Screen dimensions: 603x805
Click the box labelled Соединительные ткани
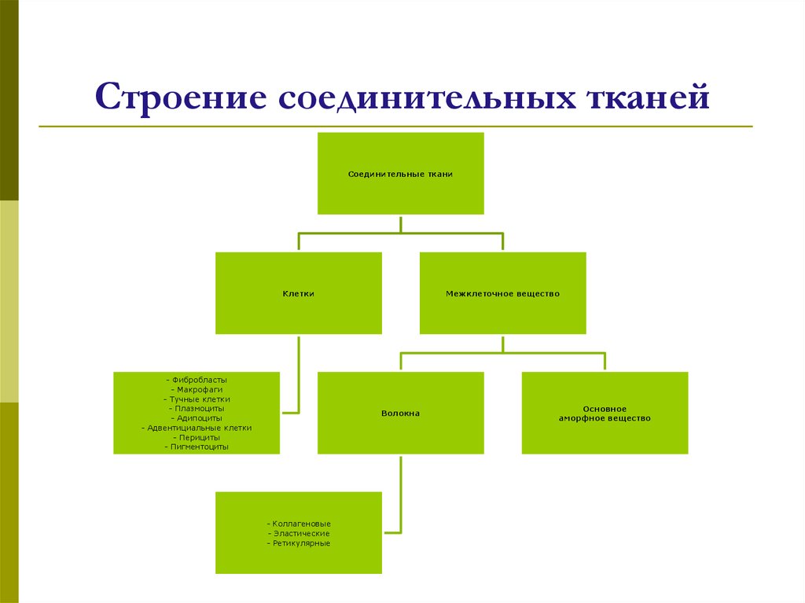(x=400, y=173)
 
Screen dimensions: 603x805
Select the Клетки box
(x=299, y=293)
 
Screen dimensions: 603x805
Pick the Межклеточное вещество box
(x=502, y=293)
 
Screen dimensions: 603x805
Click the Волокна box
(x=400, y=413)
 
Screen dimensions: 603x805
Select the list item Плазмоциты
(x=197, y=409)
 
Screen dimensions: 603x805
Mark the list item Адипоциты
(x=197, y=418)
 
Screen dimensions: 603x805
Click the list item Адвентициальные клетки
(x=197, y=428)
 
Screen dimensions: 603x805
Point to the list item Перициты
(x=197, y=437)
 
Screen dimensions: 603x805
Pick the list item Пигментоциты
(x=197, y=447)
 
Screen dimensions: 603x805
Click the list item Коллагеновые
(x=299, y=524)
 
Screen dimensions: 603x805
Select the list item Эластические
(x=299, y=534)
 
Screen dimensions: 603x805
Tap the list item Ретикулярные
(x=299, y=543)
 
